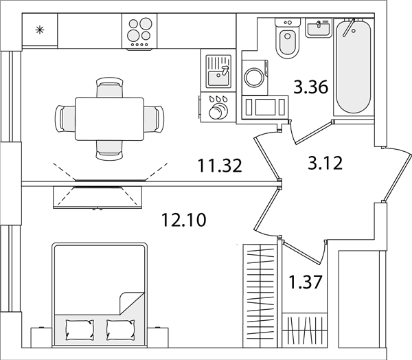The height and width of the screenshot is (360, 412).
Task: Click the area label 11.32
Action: (x=220, y=166)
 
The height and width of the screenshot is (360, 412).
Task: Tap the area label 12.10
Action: (x=183, y=219)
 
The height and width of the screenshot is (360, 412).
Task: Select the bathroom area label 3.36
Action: (x=311, y=87)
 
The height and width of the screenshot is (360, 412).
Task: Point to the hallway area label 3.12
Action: (x=325, y=163)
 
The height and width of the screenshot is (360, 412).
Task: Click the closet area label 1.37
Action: (x=306, y=282)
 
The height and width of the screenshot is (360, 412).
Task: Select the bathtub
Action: (x=354, y=67)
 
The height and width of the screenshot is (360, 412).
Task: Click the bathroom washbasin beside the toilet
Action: (x=319, y=28)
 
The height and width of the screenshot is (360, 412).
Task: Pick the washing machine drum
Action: (x=254, y=77)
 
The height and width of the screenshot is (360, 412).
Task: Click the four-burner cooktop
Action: (x=139, y=32)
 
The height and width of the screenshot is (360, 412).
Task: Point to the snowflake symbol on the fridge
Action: (x=40, y=30)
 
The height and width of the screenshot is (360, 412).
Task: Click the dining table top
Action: (x=110, y=119)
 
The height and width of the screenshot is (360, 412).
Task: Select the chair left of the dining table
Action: (x=65, y=119)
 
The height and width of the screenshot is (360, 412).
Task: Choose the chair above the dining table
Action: (x=110, y=87)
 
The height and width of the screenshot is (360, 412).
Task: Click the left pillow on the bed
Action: (x=80, y=329)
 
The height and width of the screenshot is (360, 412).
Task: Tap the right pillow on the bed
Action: (x=121, y=329)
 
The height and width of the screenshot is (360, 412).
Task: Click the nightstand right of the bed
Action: (x=158, y=337)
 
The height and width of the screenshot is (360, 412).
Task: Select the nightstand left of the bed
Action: (x=41, y=337)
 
